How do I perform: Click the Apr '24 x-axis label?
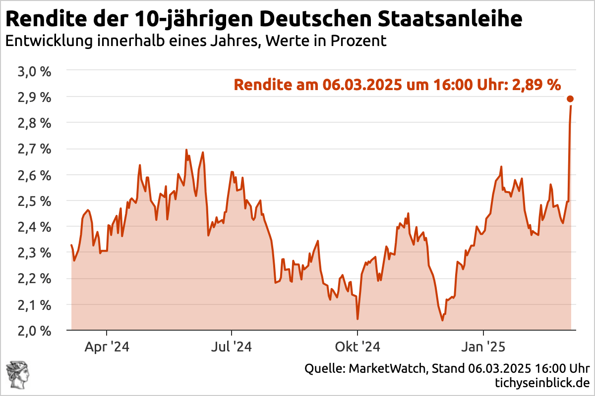[x=107, y=347]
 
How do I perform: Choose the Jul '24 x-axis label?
[x=232, y=347]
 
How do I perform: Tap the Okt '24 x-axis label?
[x=357, y=347]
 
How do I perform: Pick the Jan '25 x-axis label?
[x=483, y=347]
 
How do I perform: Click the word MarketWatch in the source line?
[x=387, y=369]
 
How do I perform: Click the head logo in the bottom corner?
[x=17, y=375]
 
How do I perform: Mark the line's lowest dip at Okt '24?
[x=357, y=319]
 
